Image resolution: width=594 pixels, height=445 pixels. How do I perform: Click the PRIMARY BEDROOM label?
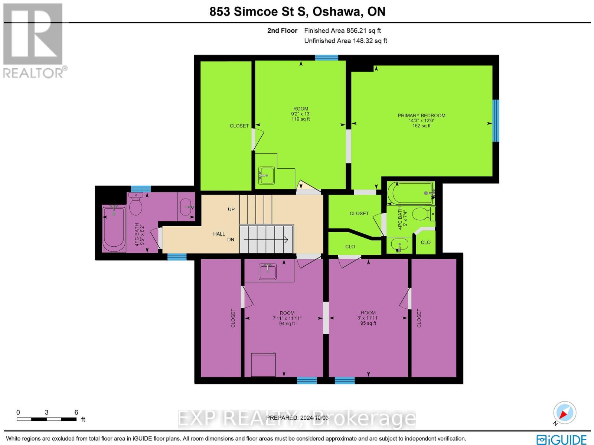pos(421,116)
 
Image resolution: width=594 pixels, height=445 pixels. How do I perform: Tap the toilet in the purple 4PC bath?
pos(136,205)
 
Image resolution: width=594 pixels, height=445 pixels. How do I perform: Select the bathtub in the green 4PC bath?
pos(411,193)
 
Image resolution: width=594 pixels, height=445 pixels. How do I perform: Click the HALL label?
pos(219,234)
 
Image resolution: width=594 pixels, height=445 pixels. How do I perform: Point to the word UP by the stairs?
pos(231,209)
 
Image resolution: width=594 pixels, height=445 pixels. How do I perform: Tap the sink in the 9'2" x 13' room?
pos(266,175)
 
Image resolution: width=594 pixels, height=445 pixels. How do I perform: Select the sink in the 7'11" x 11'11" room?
pos(268,272)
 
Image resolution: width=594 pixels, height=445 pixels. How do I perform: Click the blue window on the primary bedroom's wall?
pos(496,121)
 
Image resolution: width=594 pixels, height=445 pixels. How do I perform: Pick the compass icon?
pos(564,413)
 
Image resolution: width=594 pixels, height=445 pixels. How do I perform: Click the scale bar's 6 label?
pos(76,412)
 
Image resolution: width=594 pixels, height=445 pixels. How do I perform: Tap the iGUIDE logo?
pos(561,439)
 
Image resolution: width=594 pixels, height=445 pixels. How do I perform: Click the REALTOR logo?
pos(34,41)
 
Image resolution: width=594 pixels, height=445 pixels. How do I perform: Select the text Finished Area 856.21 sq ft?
pos(342,31)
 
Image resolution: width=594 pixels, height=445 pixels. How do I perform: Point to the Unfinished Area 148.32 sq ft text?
pos(346,41)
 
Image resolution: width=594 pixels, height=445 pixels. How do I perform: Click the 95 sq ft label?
pos(368,323)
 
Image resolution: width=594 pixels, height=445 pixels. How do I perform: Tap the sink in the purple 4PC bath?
pos(186,207)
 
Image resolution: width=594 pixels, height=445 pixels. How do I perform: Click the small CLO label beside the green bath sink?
pos(425,243)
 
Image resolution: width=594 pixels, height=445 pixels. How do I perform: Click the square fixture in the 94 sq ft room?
pos(263,365)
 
